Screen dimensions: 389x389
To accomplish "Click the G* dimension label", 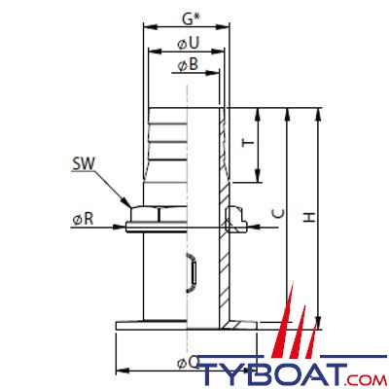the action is point(191,18).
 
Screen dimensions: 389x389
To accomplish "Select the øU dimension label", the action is point(188,44).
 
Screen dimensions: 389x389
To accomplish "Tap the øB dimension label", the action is point(188,64).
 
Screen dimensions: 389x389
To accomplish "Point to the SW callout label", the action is point(83,164).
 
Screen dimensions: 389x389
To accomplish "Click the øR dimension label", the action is point(83,220).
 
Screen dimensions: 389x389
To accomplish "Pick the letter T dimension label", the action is point(249,144).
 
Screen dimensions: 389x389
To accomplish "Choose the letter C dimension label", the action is point(278,213).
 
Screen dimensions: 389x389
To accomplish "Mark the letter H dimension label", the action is point(309,217).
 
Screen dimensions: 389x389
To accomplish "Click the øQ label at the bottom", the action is point(189,363).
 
